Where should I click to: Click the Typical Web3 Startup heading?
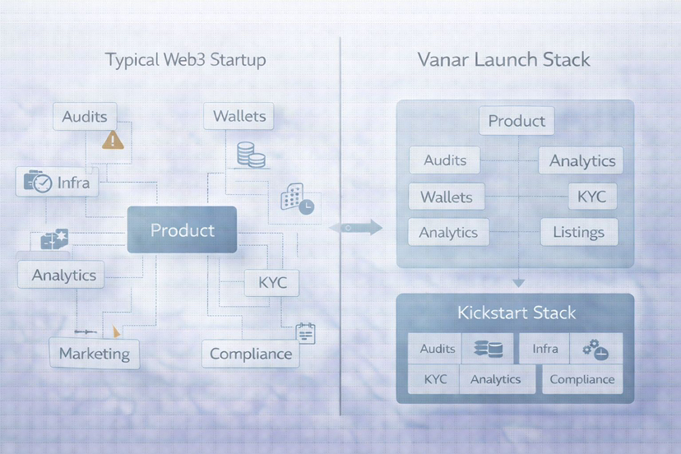pos(185,60)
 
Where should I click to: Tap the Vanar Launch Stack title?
pos(503,60)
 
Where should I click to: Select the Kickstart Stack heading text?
pos(517,313)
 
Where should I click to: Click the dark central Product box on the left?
pos(182,229)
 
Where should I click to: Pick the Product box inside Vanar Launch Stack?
pos(517,121)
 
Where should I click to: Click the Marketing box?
pos(94,354)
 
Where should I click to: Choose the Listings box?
pos(578,233)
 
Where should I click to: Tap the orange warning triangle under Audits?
pos(113,140)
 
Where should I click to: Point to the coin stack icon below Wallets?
pos(251,155)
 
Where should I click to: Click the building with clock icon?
pos(296,198)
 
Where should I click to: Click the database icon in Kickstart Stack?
pos(488,350)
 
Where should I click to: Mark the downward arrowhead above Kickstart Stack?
pos(518,282)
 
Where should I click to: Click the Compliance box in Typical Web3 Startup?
pos(250,354)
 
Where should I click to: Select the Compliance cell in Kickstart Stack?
pos(581,379)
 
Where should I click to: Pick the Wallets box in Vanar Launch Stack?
pos(447,197)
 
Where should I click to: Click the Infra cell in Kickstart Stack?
pos(544,349)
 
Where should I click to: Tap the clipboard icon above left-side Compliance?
pos(306,332)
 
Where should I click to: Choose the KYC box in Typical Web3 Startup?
pos(272,283)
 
